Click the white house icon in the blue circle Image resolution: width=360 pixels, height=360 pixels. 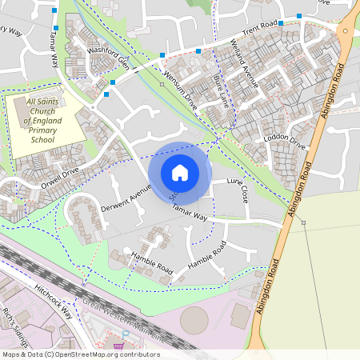pos(180,172)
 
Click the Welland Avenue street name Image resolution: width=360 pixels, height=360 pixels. pos(244,62)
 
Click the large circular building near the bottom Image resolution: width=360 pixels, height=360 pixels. pos(195,321)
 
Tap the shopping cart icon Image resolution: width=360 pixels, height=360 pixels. pos(118,346)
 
